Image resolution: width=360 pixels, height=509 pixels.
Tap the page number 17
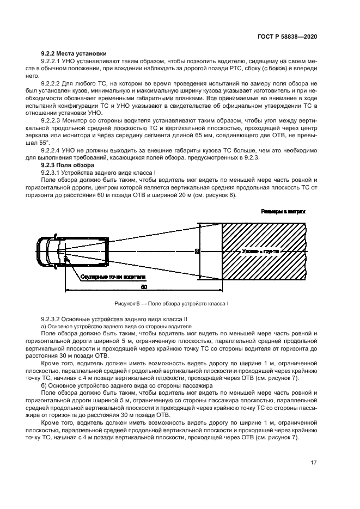click(x=314, y=462)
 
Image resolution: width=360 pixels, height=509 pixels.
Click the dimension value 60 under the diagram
click(x=143, y=286)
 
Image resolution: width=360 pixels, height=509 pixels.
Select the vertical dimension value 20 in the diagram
click(x=196, y=252)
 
